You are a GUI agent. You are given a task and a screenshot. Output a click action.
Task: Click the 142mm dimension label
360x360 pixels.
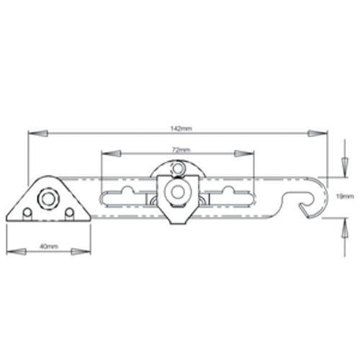pyautogui.click(x=181, y=128)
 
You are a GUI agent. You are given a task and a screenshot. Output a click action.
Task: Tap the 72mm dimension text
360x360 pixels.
pyautogui.click(x=181, y=150)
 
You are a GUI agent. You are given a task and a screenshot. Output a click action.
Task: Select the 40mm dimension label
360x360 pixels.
pyautogui.click(x=49, y=246)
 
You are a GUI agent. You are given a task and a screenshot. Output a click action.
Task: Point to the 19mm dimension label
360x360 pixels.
pyautogui.click(x=345, y=197)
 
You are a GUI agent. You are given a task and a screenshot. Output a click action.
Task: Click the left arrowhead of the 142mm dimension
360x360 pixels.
pyautogui.click(x=38, y=133)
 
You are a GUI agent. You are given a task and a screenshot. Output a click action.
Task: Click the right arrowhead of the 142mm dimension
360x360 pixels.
pyautogui.click(x=318, y=133)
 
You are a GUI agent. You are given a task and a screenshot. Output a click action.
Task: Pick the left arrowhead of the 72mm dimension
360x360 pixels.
pyautogui.click(x=111, y=153)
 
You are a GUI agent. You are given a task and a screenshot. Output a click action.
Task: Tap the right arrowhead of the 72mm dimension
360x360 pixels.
pyautogui.click(x=244, y=153)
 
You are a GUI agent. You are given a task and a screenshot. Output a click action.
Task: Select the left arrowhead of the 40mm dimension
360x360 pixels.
pyautogui.click(x=16, y=251)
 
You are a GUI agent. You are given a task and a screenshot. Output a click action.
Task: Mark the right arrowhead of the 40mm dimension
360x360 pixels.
pyautogui.click(x=81, y=251)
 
